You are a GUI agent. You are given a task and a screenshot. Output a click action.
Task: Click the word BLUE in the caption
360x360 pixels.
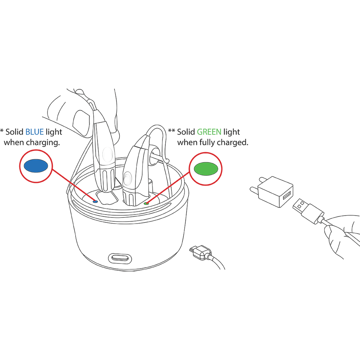pos(35,132)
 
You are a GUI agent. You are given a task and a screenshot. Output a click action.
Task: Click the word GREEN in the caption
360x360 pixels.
pos(209,132)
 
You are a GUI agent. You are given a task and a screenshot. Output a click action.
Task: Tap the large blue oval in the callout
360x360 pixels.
pos(36,166)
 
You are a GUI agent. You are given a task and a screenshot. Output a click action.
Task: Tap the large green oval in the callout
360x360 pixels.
pos(206,169)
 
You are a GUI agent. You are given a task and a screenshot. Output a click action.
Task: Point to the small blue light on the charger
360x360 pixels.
pos(95,202)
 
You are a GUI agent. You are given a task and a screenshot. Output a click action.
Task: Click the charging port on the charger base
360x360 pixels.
pos(120,258)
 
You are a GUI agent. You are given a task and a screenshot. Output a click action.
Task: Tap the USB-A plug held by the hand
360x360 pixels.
pos(308,211)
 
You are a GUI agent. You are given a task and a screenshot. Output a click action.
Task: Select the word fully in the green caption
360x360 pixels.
pos(207,143)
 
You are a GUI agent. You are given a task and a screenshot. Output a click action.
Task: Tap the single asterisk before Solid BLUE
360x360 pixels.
pos(2,131)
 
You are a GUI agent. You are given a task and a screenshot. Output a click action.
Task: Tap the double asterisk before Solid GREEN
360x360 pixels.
pos(171,131)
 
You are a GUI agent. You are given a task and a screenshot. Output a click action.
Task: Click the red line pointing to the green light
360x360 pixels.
pos(168,187)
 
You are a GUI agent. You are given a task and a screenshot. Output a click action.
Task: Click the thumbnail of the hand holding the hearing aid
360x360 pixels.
pos(81,122)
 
